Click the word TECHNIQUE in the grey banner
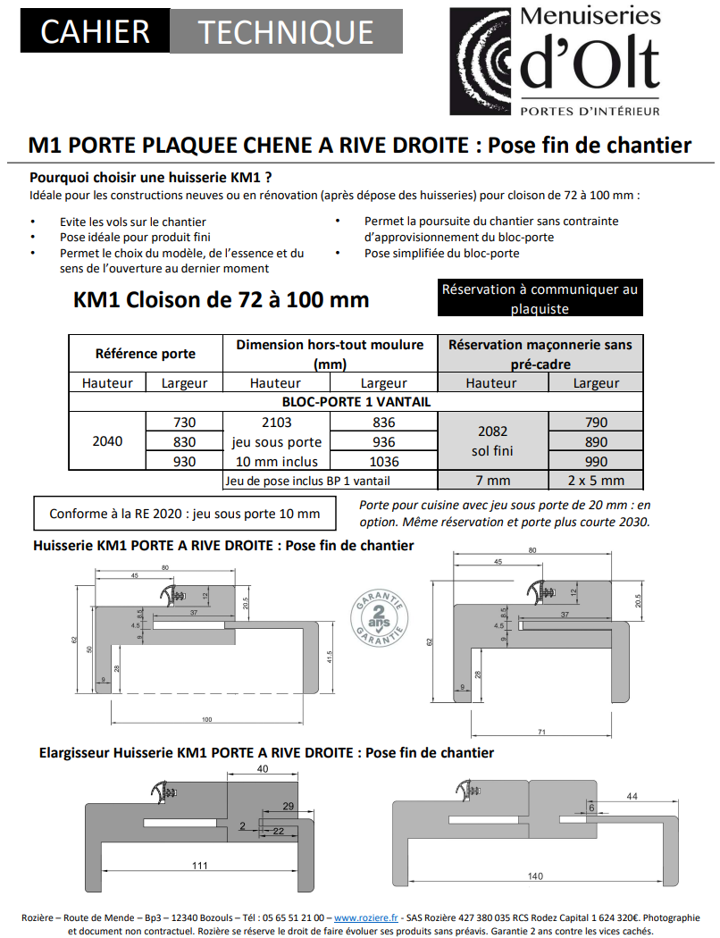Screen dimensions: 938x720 [285, 32]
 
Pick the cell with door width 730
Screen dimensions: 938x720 [182, 423]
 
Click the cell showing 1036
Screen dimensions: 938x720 [383, 462]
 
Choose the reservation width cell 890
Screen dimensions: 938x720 [596, 442]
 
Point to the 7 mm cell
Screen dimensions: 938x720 [491, 481]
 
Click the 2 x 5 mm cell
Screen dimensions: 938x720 [596, 481]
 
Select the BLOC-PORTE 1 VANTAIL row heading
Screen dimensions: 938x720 [356, 402]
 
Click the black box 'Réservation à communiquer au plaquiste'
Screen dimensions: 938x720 [540, 299]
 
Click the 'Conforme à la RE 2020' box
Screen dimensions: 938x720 [185, 514]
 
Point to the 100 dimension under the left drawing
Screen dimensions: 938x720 [207, 719]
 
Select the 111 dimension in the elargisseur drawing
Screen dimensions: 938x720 [198, 865]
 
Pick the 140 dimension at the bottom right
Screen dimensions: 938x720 [534, 875]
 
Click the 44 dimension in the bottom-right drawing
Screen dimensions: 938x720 [632, 795]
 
